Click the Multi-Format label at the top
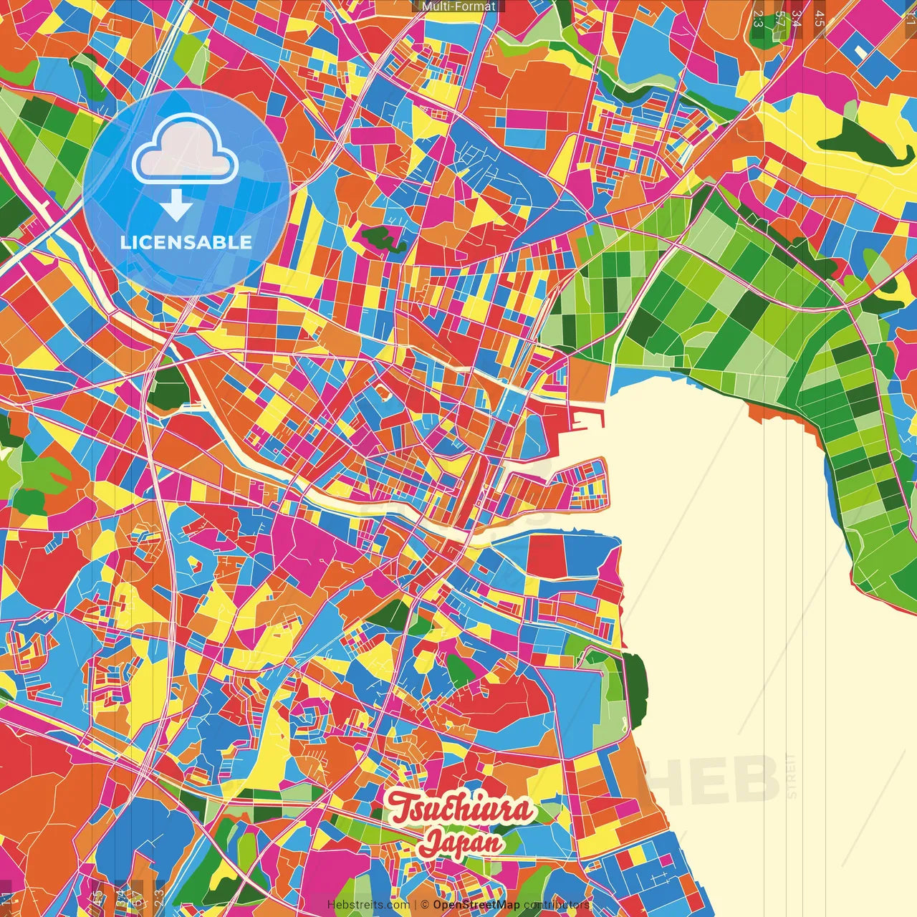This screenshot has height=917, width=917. [x=458, y=6]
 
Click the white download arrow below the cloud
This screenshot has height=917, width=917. [x=176, y=206]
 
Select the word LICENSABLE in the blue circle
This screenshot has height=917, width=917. [x=186, y=242]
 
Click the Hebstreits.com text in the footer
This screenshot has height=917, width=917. [x=368, y=905]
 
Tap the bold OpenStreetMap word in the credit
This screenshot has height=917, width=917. [x=476, y=905]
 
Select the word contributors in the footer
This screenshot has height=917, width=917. [x=557, y=905]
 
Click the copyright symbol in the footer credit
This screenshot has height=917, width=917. [x=425, y=905]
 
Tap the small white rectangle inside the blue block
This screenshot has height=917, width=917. [x=860, y=52]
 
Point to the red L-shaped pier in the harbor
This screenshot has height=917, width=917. [x=584, y=423]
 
